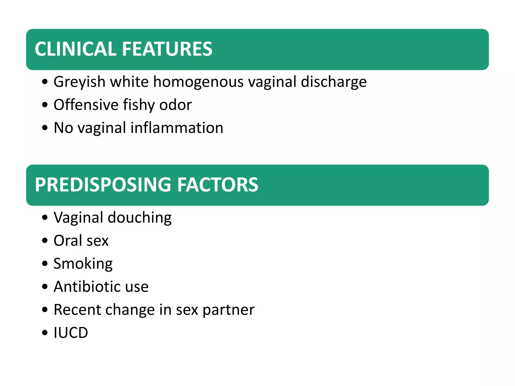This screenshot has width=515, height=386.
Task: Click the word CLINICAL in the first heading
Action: point(75,49)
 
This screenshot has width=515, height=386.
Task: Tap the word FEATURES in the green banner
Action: point(167,49)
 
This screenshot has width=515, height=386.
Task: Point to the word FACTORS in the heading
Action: point(218,185)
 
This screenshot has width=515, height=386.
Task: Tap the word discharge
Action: point(334,82)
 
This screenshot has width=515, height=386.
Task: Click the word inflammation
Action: point(177,128)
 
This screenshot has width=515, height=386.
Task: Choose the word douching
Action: point(140,218)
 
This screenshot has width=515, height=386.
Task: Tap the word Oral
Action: point(68,240)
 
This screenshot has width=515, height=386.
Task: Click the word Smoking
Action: point(83,264)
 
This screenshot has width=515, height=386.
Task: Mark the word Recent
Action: point(77,310)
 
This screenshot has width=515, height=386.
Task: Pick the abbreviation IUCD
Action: point(71,333)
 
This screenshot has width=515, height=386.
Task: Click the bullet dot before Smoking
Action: point(45,264)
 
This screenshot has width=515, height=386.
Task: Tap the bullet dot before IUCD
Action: point(45,333)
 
